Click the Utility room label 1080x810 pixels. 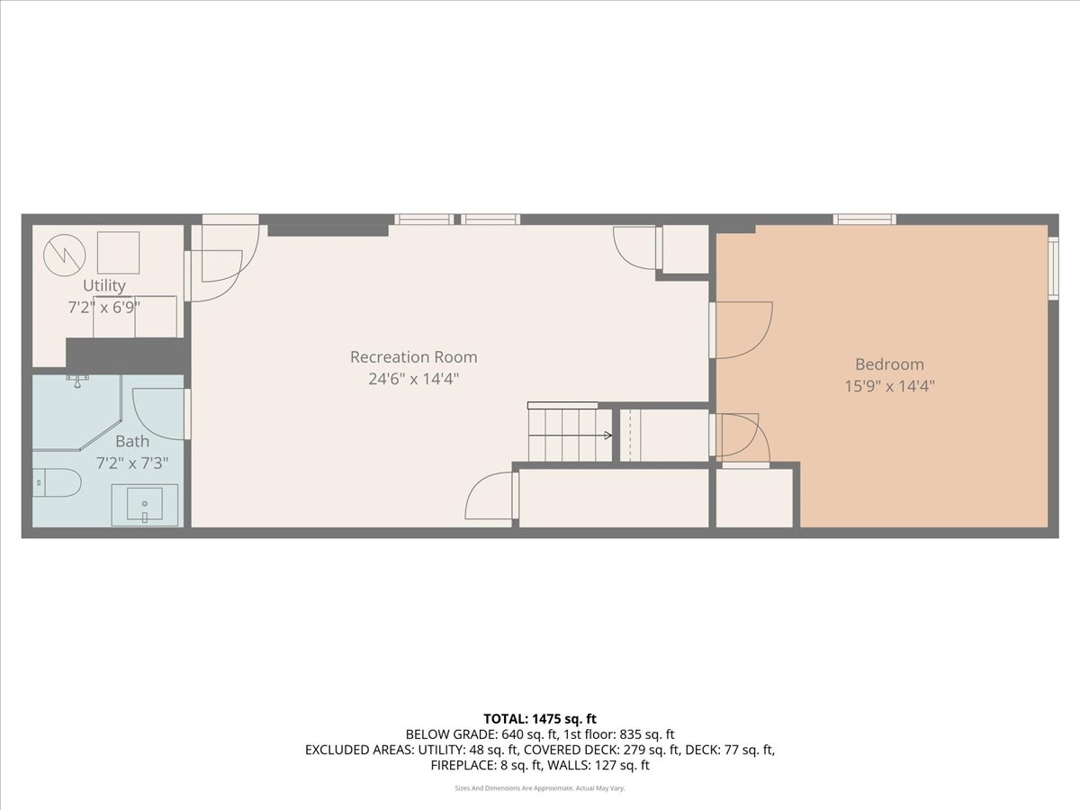(x=104, y=285)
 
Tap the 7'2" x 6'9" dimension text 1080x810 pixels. (x=104, y=307)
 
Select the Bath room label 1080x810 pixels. (x=132, y=442)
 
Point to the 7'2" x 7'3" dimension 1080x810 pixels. (x=132, y=463)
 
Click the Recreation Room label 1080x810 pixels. (x=414, y=357)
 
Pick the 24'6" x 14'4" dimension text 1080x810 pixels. (x=414, y=379)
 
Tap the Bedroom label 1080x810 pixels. (x=889, y=364)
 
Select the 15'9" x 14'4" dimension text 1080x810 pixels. (x=889, y=386)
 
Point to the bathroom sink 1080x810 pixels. (x=145, y=505)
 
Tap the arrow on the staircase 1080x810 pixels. (x=607, y=436)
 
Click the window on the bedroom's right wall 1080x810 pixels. (x=1053, y=267)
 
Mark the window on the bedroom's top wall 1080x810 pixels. (x=864, y=219)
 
